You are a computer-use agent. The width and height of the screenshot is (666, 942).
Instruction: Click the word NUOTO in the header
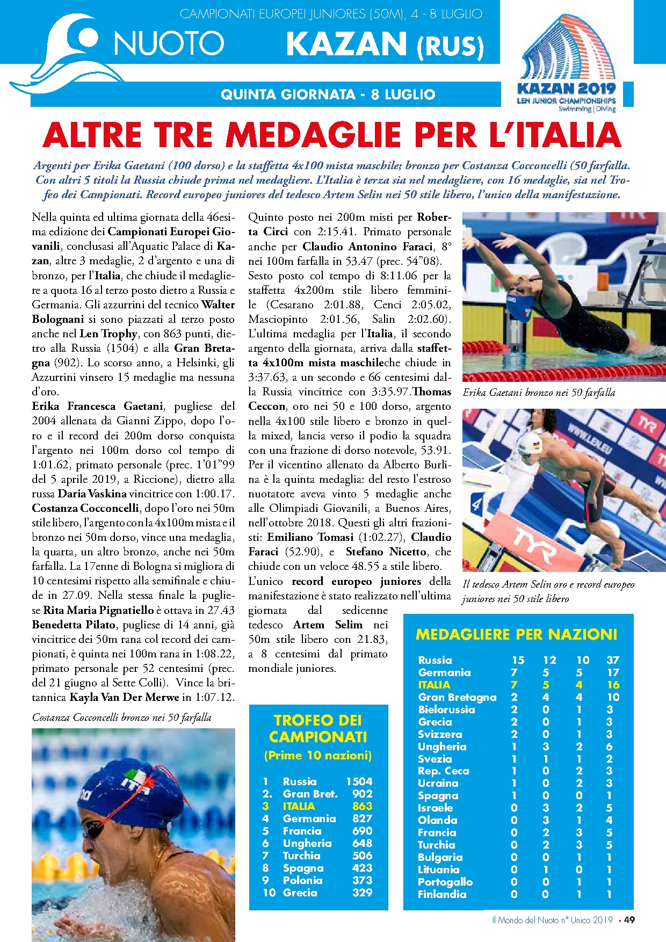click(169, 43)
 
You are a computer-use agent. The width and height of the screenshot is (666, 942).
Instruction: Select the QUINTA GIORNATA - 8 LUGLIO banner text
click(328, 95)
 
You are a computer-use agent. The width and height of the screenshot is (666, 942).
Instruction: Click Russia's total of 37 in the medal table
click(613, 660)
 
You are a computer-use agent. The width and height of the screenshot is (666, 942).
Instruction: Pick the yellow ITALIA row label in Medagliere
click(434, 685)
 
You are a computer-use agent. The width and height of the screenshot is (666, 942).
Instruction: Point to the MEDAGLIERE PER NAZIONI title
click(516, 635)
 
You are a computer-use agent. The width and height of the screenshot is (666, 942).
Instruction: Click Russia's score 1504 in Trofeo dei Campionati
click(359, 781)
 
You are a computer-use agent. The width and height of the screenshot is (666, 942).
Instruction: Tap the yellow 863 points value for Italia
click(362, 806)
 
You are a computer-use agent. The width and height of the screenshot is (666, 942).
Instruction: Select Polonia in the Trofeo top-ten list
click(303, 880)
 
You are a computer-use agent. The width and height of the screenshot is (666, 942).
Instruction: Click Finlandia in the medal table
click(442, 894)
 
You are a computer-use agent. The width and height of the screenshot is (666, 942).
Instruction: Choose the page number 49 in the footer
click(629, 920)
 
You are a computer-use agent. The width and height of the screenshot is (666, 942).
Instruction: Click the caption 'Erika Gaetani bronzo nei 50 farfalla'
click(539, 393)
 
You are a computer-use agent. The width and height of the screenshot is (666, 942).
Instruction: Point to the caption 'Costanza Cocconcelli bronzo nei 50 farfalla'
click(122, 718)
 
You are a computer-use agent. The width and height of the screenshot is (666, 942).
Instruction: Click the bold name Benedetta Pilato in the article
click(74, 625)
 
